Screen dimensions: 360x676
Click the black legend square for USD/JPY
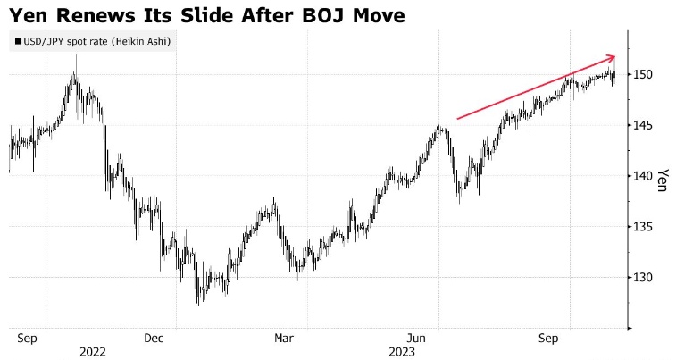pos(17,41)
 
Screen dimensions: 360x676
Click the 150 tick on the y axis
pos(644,74)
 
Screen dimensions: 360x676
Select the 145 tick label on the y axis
pos(644,125)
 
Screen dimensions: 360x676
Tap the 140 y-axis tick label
pos(644,176)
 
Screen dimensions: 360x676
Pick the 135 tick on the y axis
pos(644,227)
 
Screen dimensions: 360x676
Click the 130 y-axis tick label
pos(644,278)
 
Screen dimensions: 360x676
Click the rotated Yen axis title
pos(663,180)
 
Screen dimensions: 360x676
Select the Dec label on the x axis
pos(153,339)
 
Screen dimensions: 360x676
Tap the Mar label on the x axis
pos(283,339)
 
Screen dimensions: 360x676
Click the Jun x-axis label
pos(415,339)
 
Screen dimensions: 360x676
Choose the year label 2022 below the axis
pos(92,352)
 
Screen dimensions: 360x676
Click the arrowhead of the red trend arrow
pos(613,58)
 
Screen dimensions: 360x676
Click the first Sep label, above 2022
pos(27,339)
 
